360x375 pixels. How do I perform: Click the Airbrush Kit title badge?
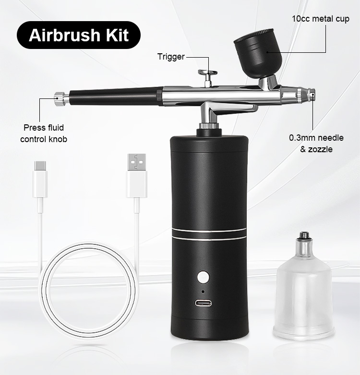tap(79, 36)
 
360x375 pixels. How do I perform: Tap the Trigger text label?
tap(171, 57)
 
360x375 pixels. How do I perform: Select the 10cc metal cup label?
tap(321, 20)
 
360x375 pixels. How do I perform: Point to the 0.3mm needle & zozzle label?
tap(316, 144)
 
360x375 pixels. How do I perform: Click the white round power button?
tap(204, 278)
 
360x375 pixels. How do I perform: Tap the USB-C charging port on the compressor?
tap(204, 303)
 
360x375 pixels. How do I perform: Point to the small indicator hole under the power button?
tap(204, 291)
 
